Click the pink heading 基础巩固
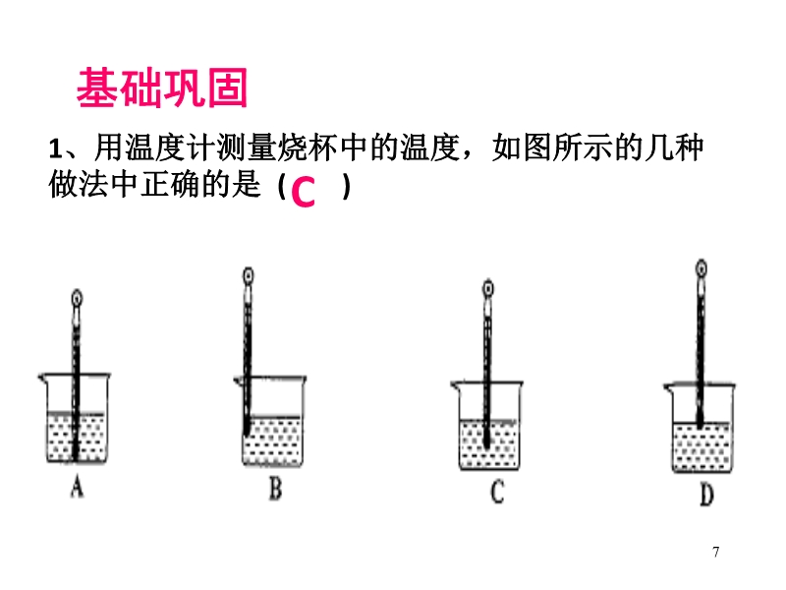(162, 88)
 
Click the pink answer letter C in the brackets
(303, 192)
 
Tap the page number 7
(716, 552)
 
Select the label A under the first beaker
(77, 487)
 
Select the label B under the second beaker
(275, 488)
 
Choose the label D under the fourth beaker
(706, 495)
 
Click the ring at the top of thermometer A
(77, 299)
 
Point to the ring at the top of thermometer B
(248, 276)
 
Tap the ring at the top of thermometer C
(487, 288)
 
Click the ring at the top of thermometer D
(702, 268)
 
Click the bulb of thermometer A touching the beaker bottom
(76, 450)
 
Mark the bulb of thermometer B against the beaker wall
(247, 427)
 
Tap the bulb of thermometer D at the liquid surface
(700, 422)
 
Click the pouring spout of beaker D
(668, 386)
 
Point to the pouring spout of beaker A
(42, 378)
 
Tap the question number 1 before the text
(55, 149)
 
